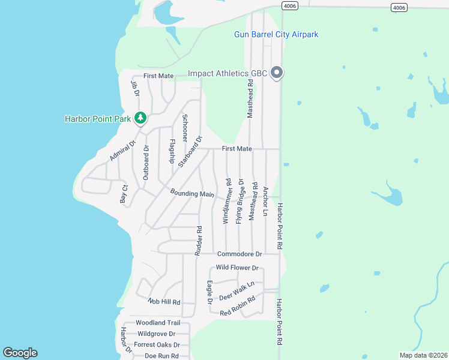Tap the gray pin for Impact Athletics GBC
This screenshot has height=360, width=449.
point(277,73)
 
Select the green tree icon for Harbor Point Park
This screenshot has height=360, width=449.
point(140,118)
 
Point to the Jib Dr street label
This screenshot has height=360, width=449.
point(135,89)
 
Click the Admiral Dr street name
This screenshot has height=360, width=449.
point(120,151)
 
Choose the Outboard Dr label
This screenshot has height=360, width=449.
point(146,162)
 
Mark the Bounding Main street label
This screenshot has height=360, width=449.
point(192,193)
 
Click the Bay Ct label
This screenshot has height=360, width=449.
point(124,193)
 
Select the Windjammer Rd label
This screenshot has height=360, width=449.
point(228,200)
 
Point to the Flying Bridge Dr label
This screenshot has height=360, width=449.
point(240,201)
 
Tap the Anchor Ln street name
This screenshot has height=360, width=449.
point(265,201)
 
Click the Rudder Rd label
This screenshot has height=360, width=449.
point(198,241)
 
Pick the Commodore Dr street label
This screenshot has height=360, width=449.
point(240,254)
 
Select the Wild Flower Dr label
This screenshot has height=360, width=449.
point(237,268)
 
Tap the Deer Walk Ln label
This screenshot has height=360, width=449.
point(237,290)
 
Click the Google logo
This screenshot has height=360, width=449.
point(20,353)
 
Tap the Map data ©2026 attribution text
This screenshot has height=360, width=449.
point(423,355)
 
